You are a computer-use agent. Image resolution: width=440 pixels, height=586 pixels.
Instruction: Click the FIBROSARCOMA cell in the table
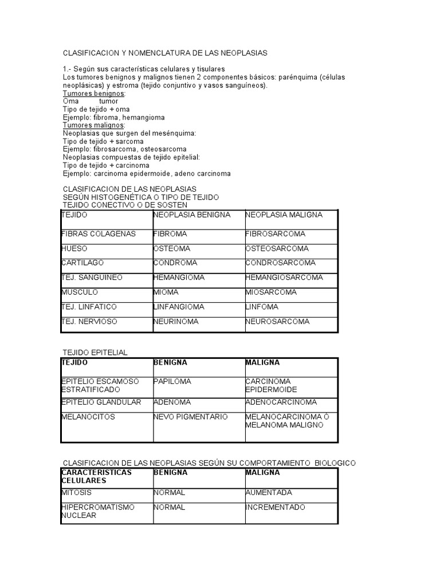pos(276,234)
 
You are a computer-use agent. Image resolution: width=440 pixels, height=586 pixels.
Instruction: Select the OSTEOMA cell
pos(171,249)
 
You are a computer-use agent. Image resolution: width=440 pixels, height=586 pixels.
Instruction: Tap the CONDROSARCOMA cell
pos(280,263)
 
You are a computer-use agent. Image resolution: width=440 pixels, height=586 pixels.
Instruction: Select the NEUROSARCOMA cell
pos(277,322)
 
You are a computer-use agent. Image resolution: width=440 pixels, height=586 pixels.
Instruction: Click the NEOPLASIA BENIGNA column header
pos(192,215)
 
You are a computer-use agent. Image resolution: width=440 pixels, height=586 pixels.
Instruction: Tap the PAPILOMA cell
pos(172,381)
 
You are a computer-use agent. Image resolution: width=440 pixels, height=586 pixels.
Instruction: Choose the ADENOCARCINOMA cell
pos(281,402)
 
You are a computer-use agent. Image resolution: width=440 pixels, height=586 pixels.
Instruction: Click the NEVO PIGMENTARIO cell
pos(190,417)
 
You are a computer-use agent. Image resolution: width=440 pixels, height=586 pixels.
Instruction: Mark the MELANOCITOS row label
pos(88,417)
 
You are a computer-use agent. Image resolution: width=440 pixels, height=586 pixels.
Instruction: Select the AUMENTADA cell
pos(269,493)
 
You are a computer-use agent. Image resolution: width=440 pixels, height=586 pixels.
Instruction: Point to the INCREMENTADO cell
pos(275,508)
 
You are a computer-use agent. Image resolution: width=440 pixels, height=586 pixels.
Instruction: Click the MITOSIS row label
pos(76,493)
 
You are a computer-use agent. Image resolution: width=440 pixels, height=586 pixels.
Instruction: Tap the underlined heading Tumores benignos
pos(94,93)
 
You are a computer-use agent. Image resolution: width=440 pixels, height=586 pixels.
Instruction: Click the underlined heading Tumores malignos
pos(93,125)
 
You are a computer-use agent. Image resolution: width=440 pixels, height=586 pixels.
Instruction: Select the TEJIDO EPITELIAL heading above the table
pos(95,353)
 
